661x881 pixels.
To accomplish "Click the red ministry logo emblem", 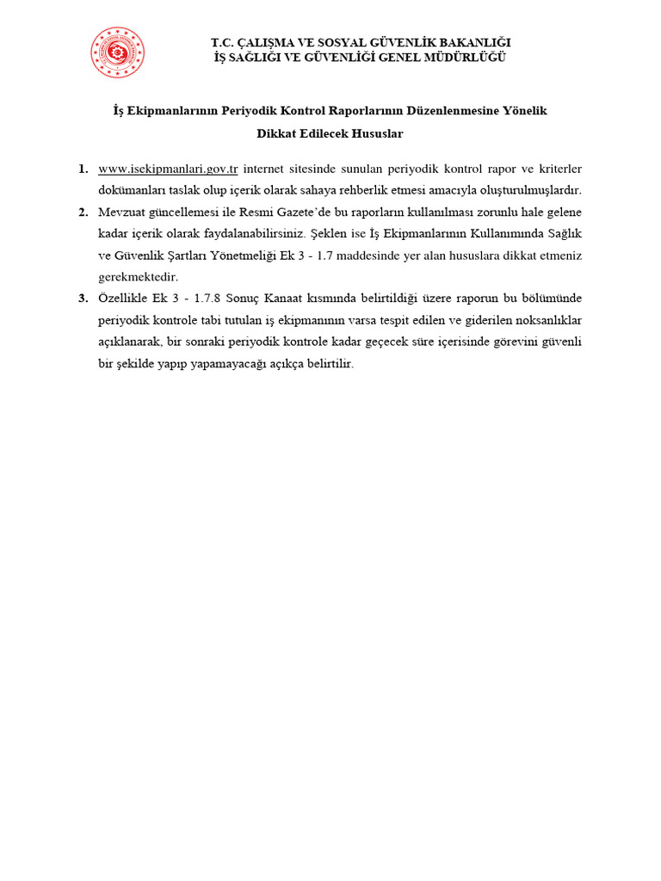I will pos(118,52).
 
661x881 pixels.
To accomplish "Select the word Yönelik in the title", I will pos(524,111).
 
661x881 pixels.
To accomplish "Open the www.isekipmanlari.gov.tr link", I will pos(168,168).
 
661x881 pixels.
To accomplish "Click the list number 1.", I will pos(83,168).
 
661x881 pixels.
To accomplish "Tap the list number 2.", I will pos(83,212).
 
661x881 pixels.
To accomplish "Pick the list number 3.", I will pos(83,299).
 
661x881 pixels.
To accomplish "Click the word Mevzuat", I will pos(122,212).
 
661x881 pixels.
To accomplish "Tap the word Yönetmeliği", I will pos(239,255).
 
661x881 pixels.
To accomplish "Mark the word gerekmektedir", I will pos(138,277).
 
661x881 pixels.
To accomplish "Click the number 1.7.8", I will pos(218,299).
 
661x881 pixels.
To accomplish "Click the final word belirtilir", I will pos(327,364).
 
